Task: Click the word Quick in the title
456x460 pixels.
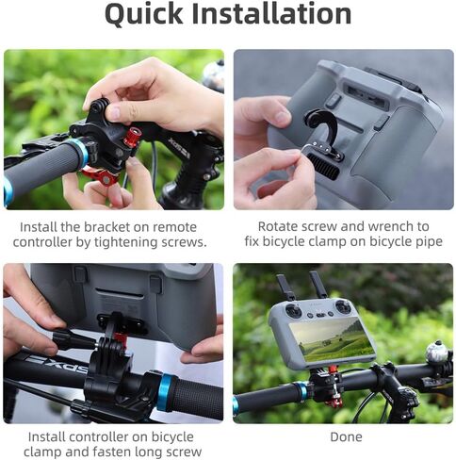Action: click(x=143, y=14)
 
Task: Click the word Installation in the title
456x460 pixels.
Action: click(x=271, y=13)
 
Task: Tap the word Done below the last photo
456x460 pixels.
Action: click(x=346, y=436)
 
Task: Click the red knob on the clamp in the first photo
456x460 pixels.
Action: click(x=132, y=137)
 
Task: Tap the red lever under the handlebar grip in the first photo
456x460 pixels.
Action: click(x=100, y=176)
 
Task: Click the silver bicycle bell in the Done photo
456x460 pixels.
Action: click(x=436, y=353)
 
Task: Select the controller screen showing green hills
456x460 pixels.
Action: click(x=332, y=339)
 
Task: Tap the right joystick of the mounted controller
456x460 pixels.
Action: click(x=343, y=305)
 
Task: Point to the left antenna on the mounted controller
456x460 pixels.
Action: click(x=285, y=287)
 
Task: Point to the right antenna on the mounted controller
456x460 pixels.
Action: click(x=318, y=285)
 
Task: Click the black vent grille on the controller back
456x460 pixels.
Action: click(x=323, y=167)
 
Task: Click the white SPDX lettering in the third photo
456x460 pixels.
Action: click(x=57, y=364)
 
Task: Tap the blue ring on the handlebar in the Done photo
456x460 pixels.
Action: click(x=301, y=391)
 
